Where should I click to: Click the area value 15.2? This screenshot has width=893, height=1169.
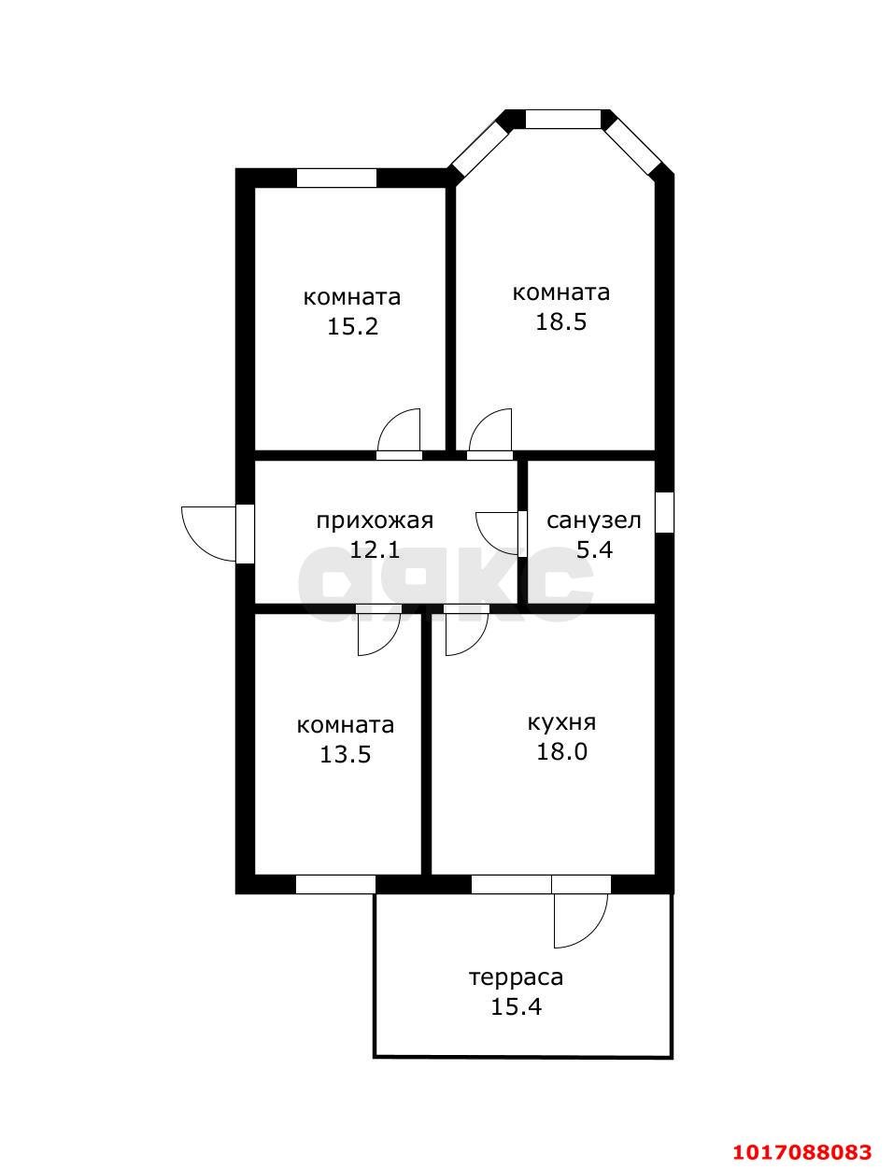coord(352,326)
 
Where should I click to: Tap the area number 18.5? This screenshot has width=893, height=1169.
coord(560,322)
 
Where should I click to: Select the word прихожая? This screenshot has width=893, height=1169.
coord(375,521)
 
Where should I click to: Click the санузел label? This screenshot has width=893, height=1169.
coord(594,521)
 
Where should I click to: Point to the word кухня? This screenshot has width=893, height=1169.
coord(561,722)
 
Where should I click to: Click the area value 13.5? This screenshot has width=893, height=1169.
coord(345,755)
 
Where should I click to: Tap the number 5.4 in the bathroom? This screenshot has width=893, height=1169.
coord(594,550)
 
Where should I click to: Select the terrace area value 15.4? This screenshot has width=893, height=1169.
coord(516,1007)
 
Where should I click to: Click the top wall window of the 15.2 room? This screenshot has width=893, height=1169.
coord(336,178)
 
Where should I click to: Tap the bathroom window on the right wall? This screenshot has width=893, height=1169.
coord(664,512)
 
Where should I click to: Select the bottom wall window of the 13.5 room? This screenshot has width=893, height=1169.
coord(335,884)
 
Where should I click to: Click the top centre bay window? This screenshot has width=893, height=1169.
coord(563,120)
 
